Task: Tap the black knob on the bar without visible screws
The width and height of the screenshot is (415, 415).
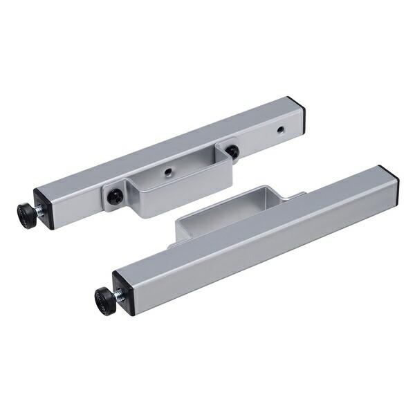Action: point(105,302)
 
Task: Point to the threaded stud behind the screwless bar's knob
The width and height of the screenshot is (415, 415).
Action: point(119,295)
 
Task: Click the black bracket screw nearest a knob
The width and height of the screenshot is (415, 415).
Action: point(115,197)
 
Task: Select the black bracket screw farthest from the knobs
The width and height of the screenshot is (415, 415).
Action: point(232,151)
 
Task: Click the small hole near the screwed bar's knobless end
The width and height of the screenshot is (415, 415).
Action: point(280,129)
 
